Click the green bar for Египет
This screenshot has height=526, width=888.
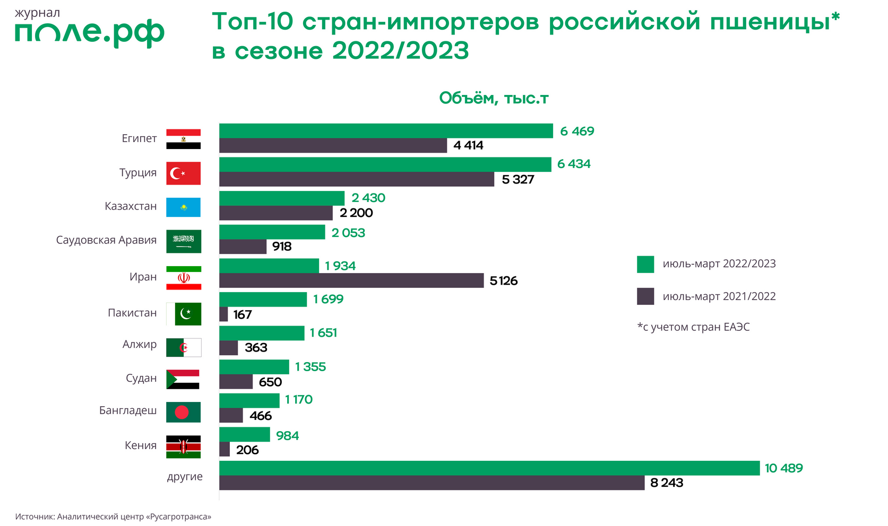(x=386, y=131)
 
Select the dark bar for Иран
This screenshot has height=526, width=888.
(x=351, y=280)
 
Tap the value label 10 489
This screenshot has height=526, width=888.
(x=783, y=468)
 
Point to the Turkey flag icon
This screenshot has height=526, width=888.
(x=183, y=173)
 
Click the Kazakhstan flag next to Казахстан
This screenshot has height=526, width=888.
(x=183, y=207)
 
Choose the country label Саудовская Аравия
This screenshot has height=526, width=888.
(x=106, y=240)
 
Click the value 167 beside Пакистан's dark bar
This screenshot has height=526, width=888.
(x=243, y=315)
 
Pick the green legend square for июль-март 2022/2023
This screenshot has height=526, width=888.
(x=645, y=264)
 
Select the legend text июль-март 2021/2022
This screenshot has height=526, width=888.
(x=719, y=296)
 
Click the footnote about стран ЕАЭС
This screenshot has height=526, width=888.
(x=693, y=327)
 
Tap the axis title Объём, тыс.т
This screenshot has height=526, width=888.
(x=494, y=99)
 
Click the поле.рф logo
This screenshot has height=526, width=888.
(x=89, y=33)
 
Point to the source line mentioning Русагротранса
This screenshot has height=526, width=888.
(x=113, y=516)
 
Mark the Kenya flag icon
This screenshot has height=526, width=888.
(x=183, y=446)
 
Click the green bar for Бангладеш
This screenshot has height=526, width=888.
(x=249, y=400)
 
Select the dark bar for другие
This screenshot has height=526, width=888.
(x=432, y=483)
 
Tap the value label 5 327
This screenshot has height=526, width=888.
(x=518, y=180)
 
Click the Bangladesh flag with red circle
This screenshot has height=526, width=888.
(x=183, y=412)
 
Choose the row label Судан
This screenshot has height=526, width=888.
(x=141, y=379)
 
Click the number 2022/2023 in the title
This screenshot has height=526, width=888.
(x=401, y=51)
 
